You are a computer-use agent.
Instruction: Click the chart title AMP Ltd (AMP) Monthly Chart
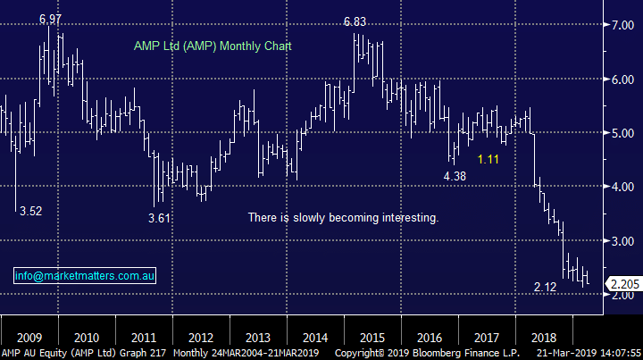click(213, 46)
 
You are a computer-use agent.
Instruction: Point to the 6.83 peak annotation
click(356, 21)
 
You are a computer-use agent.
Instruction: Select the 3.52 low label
click(29, 211)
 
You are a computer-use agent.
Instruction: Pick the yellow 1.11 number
click(489, 159)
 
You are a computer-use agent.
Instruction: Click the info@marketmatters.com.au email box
click(85, 277)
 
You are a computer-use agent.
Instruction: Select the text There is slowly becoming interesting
click(343, 218)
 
